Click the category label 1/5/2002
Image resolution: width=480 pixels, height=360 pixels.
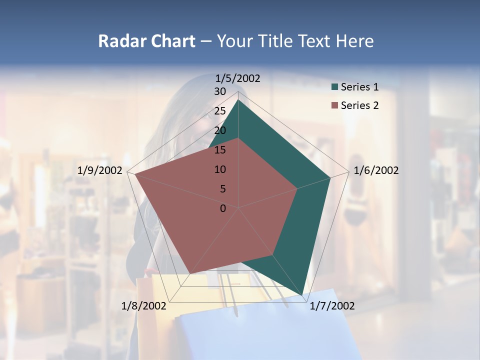tap(237, 78)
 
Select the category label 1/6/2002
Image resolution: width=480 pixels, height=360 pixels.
tap(376, 170)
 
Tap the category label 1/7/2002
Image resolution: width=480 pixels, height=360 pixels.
tap(332, 306)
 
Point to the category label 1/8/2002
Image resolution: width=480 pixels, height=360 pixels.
tap(144, 306)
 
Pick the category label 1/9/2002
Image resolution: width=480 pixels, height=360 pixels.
tap(100, 170)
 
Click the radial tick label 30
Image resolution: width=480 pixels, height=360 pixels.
tap(220, 91)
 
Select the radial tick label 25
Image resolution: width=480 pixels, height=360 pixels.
tap(220, 111)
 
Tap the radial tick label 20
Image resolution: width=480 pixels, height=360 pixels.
tap(220, 130)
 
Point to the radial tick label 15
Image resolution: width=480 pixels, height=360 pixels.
tap(220, 150)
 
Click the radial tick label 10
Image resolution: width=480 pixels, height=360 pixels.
tap(220, 169)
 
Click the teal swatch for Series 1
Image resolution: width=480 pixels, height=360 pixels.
tap(334, 87)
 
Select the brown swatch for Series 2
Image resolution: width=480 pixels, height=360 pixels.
tap(334, 105)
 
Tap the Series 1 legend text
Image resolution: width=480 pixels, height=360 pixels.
tap(359, 87)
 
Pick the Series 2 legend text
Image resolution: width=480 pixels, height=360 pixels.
tap(359, 105)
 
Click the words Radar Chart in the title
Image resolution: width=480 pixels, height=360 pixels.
tap(146, 41)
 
